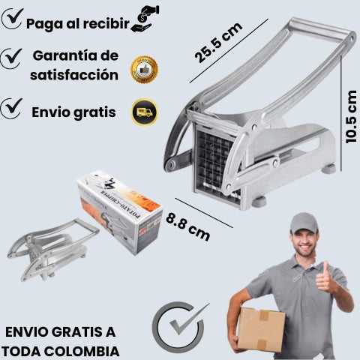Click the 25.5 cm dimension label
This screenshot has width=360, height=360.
pos(218,43)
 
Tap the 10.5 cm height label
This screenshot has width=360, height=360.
pos(351,117)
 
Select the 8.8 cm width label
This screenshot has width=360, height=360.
pos(187,226)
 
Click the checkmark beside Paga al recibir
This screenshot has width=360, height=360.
pos(13,19)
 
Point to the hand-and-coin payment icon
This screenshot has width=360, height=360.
pos(145,19)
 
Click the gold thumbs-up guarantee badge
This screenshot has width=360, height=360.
pos(144,70)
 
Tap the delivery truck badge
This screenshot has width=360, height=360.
pos(145,112)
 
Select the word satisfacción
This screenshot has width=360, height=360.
pos(74,75)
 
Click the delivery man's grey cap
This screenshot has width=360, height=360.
pos(304,223)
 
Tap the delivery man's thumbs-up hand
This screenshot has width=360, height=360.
pos(325,278)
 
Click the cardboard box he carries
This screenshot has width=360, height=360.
pos(261,330)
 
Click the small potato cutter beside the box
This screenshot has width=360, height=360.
pos(53,249)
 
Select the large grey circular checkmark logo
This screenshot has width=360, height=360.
pos(179,327)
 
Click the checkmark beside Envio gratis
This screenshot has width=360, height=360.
pos(11,108)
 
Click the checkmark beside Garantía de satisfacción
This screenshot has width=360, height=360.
pos(11,58)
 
